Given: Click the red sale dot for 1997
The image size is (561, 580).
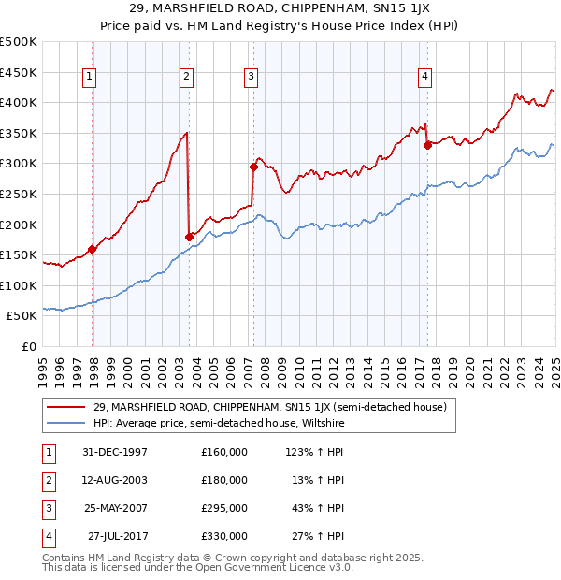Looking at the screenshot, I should [93, 249].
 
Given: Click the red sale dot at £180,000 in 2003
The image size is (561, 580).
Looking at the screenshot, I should [189, 236].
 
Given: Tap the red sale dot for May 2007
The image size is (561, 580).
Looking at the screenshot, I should [253, 167].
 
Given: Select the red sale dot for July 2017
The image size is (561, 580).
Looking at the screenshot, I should [427, 145].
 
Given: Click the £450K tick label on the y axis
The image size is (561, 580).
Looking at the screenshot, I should [20, 72].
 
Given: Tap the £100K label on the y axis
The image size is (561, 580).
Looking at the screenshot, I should [20, 286].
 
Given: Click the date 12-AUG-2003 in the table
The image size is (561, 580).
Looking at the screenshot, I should [117, 480].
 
